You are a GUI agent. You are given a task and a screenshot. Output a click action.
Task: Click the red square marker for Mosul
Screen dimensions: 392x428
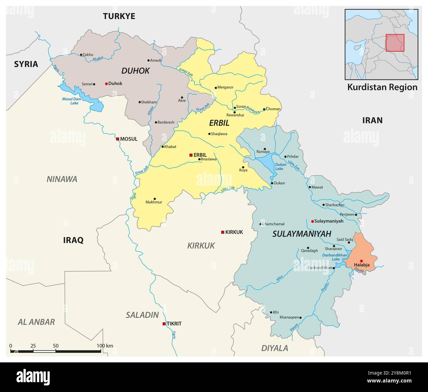pyautogui.click(x=118, y=139)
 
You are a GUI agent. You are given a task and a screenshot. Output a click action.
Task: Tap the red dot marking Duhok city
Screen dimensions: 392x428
pyautogui.click(x=106, y=84)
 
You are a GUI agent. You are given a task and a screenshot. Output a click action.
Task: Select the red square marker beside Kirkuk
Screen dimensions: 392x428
pyautogui.click(x=223, y=232)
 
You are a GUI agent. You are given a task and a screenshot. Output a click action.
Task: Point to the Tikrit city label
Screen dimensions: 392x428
pyautogui.click(x=174, y=324)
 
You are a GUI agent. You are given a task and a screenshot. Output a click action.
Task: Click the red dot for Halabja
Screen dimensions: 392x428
pyautogui.click(x=361, y=261)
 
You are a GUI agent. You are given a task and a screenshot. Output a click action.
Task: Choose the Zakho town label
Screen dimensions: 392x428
pyautogui.click(x=88, y=55)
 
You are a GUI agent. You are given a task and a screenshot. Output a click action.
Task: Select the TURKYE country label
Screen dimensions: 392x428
pyautogui.click(x=119, y=16)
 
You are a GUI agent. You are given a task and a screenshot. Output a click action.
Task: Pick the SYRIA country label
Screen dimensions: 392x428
pyautogui.click(x=26, y=64)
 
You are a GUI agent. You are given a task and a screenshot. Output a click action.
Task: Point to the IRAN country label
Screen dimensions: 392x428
pyautogui.click(x=372, y=120)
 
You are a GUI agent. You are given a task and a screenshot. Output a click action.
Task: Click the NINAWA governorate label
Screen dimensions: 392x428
pyautogui.click(x=62, y=179)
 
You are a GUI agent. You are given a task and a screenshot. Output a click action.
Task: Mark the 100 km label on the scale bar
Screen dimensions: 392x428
pyautogui.click(x=105, y=346)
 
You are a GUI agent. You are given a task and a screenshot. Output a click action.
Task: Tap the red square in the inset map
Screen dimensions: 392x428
pyautogui.click(x=395, y=43)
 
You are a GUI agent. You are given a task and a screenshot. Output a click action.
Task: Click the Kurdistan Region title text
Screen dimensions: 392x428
pyautogui.click(x=382, y=87)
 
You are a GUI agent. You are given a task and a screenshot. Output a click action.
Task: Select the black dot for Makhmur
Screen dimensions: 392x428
pyautogui.click(x=155, y=199)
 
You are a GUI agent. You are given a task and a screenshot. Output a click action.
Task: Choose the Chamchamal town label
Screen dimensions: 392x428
pyautogui.click(x=273, y=224)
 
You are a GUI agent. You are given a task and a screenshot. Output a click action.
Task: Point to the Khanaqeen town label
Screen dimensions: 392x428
pyautogui.click(x=289, y=317)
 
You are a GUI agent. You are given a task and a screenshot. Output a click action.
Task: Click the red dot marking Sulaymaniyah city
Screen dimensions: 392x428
pyautogui.click(x=312, y=221)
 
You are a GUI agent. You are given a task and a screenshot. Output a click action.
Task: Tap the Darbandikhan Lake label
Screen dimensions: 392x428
pyautogui.click(x=334, y=257)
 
